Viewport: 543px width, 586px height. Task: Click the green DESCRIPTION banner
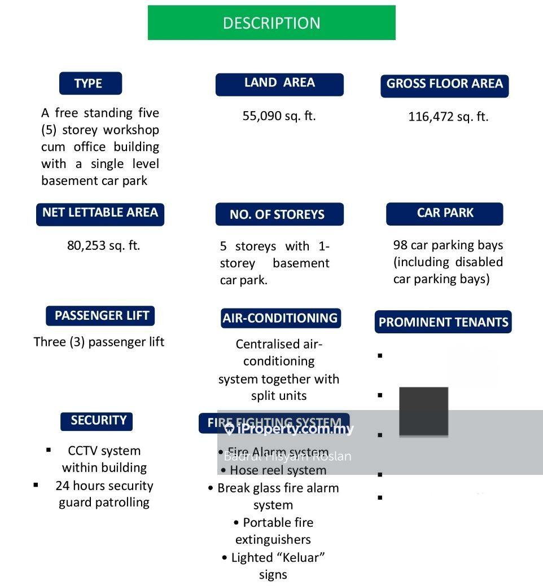pos(271,23)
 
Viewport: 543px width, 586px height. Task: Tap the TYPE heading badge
pos(90,83)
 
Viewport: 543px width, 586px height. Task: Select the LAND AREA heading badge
pos(279,83)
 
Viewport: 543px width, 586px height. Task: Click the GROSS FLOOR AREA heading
pos(444,85)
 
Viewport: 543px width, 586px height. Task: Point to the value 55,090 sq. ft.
pos(279,116)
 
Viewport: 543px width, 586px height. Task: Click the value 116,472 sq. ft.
pos(448,117)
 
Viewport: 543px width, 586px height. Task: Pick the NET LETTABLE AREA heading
pos(100,213)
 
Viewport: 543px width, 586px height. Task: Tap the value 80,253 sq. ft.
pos(103,245)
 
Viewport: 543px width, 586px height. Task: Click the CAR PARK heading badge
pos(445,214)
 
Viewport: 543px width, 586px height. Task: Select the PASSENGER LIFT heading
pos(102,316)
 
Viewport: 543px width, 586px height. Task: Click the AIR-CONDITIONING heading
pos(280,318)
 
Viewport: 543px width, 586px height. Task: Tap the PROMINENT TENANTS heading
pos(443,323)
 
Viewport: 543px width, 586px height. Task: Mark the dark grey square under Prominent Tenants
pos(423,412)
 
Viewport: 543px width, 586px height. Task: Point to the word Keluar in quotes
pos(299,558)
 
